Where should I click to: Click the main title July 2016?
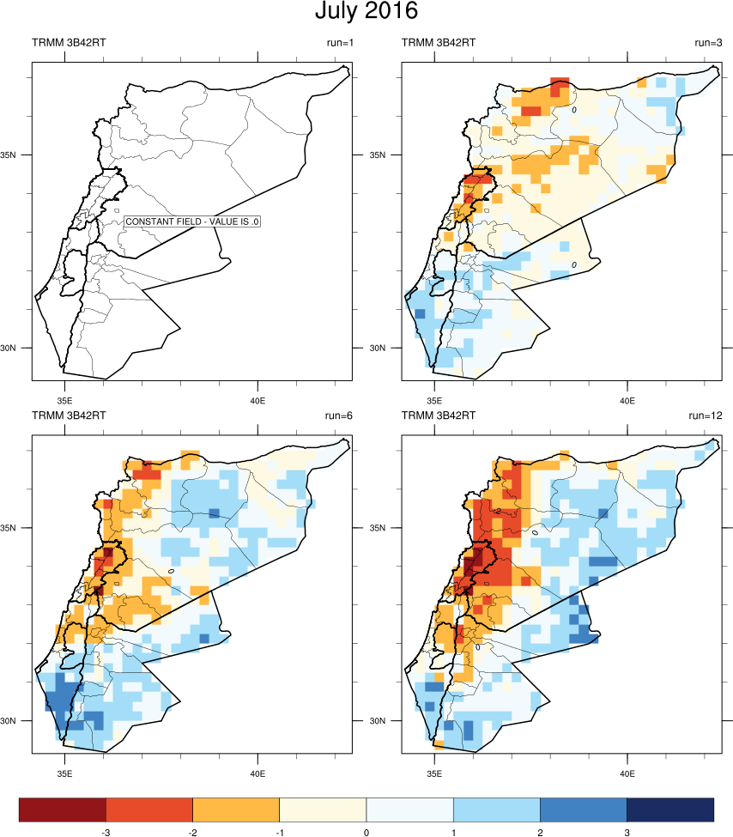(x=366, y=13)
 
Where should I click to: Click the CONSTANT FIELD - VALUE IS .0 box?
(x=193, y=221)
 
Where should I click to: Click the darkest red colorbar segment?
(x=63, y=809)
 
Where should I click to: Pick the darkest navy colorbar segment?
(x=670, y=809)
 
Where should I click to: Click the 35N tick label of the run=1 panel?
(x=18, y=155)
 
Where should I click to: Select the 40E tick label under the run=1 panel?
(x=257, y=400)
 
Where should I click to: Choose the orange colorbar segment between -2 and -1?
(x=236, y=809)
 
